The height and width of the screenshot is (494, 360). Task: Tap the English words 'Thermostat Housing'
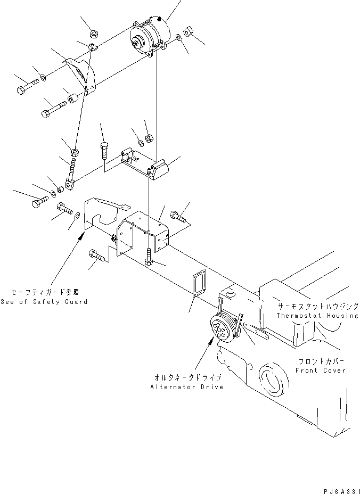pyautogui.click(x=317, y=316)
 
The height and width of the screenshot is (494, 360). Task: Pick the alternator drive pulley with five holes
pyautogui.click(x=219, y=330)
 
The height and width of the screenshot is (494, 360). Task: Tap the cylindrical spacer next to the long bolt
pyautogui.click(x=73, y=100)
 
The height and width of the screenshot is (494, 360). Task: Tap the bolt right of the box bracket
pyautogui.click(x=177, y=216)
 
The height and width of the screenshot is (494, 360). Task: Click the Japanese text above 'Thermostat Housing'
pyautogui.click(x=316, y=307)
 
